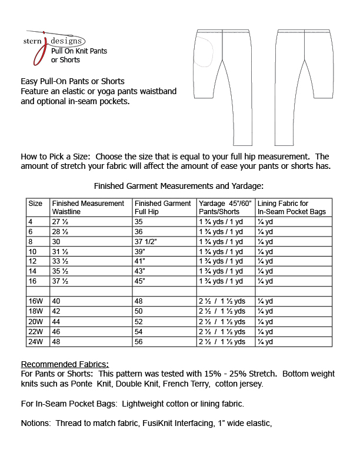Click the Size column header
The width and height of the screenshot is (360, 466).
pos(35,204)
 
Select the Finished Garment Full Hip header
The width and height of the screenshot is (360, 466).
pos(163,207)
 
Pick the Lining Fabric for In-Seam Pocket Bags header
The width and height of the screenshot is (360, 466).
pos(291,207)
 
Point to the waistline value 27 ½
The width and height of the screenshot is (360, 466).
pos(61,222)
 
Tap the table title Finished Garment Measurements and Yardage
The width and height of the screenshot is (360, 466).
pos(179,186)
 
